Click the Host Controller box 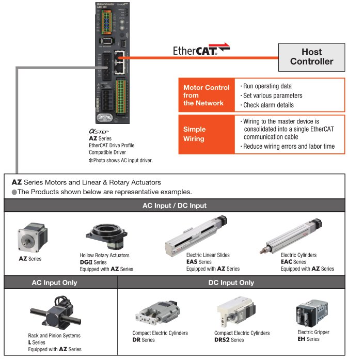tap(311, 57)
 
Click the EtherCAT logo tap(201, 50)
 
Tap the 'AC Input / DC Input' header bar tap(174, 206)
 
